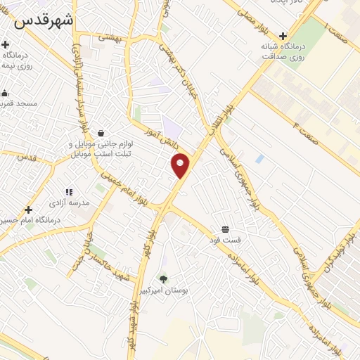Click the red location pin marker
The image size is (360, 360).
click(x=181, y=165)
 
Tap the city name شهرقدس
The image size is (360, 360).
click(x=43, y=20)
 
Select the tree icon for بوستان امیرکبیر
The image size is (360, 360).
click(x=164, y=279)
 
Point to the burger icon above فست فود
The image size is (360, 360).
click(x=225, y=229)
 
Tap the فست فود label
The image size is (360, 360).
click(x=226, y=240)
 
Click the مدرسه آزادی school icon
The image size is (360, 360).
click(x=69, y=191)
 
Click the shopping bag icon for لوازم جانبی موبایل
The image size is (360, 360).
click(x=102, y=133)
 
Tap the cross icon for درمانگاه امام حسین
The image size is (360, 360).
click(x=28, y=210)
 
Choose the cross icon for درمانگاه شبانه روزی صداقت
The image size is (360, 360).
click(x=283, y=37)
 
